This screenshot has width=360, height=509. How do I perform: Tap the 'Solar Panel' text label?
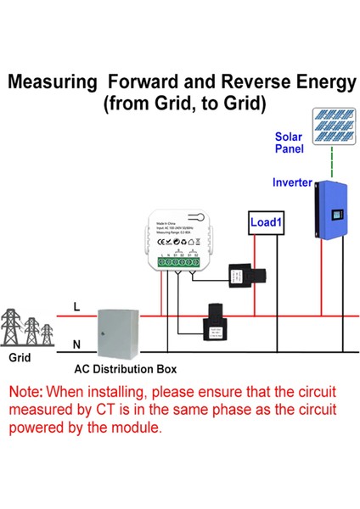click(288, 143)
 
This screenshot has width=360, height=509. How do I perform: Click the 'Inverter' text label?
click(291, 182)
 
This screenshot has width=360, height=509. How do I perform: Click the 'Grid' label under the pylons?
click(20, 358)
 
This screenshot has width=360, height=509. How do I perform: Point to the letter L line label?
click(76, 307)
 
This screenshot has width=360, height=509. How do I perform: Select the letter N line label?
click(76, 344)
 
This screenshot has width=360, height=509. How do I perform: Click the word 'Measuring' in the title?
click(50, 82)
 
